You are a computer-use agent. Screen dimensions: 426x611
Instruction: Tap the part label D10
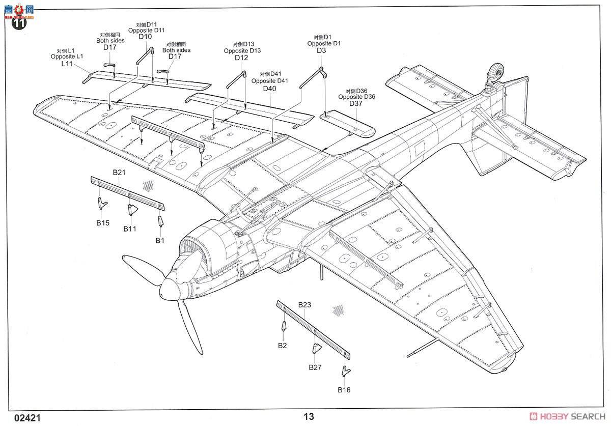tap(145, 37)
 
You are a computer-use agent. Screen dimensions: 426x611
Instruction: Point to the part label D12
tap(241, 58)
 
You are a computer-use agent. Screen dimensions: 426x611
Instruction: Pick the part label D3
tap(321, 50)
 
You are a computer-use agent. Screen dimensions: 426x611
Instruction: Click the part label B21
tap(119, 172)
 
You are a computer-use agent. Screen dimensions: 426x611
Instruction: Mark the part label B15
tap(103, 222)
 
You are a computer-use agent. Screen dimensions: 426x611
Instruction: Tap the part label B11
tap(130, 229)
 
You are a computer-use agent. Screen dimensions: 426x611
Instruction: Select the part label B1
tap(160, 240)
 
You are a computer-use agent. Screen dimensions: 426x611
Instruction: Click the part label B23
tap(304, 305)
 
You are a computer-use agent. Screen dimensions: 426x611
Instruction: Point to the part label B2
tap(283, 346)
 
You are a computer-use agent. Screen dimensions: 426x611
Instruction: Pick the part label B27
tap(315, 367)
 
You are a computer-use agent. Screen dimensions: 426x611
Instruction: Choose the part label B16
tap(344, 390)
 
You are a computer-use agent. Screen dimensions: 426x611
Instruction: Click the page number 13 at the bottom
tap(309, 416)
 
